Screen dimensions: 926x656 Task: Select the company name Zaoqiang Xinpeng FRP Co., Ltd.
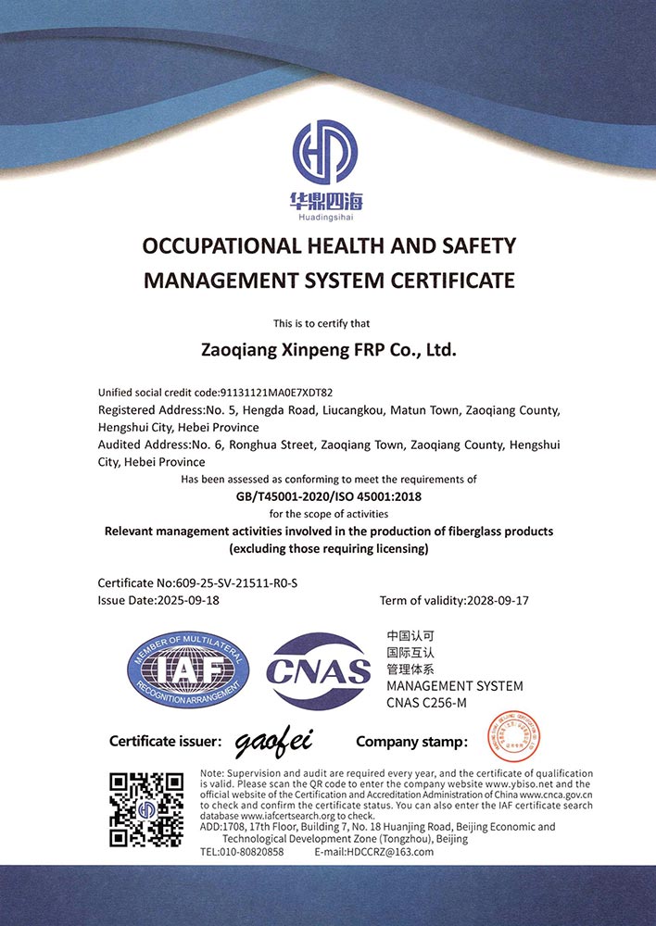click(x=329, y=351)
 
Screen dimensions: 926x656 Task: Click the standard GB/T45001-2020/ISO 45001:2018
click(x=329, y=496)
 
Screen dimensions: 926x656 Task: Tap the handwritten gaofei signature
click(x=274, y=740)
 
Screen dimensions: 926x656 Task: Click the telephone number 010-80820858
click(x=254, y=852)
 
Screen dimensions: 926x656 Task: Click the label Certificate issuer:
click(x=165, y=741)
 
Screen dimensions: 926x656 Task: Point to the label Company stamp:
click(x=411, y=741)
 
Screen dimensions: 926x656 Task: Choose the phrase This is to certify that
click(x=328, y=323)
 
